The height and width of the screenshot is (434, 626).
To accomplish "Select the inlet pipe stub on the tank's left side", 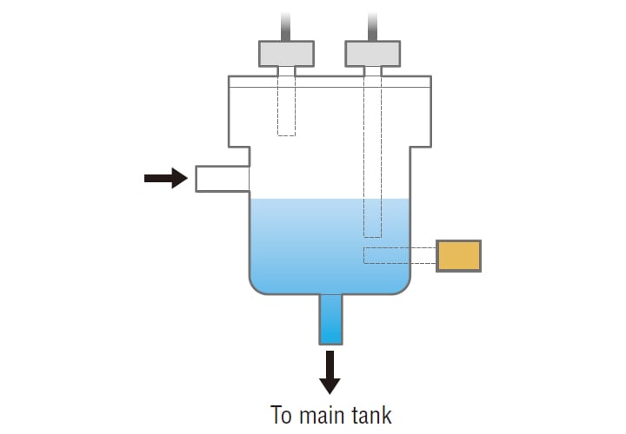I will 221,178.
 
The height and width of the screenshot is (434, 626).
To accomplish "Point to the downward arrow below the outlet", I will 330,371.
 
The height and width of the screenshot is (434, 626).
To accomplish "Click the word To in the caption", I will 283,414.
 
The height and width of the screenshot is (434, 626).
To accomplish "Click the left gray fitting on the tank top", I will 286,53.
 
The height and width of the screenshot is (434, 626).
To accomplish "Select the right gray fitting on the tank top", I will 372,53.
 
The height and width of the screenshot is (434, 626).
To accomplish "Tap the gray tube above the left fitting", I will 286,24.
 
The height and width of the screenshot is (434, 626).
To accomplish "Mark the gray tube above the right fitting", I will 372,24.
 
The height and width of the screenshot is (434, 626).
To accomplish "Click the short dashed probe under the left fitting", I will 286,108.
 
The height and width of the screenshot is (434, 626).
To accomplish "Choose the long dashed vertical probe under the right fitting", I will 372,156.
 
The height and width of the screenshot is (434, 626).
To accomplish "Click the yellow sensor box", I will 458,255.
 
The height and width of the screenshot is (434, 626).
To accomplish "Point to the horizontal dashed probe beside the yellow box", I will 399,255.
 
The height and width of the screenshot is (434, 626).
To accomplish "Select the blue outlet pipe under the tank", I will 330,319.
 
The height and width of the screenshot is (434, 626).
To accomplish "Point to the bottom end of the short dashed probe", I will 286,133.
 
